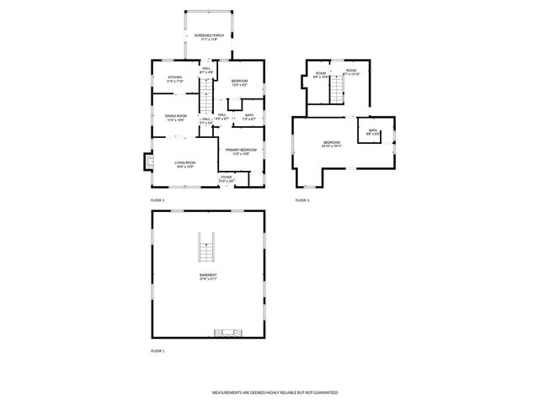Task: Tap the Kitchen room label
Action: pyautogui.click(x=175, y=78)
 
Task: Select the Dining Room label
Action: pyautogui.click(x=175, y=119)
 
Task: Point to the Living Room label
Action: pyautogui.click(x=185, y=164)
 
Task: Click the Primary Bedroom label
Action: pyautogui.click(x=241, y=151)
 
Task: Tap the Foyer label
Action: pyautogui.click(x=227, y=178)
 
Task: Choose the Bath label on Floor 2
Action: pyautogui.click(x=249, y=117)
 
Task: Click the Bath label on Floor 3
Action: pyautogui.click(x=372, y=132)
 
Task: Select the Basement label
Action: pyautogui.click(x=208, y=277)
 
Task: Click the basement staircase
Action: pyautogui.click(x=206, y=249)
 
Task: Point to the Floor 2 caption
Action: pyautogui.click(x=157, y=200)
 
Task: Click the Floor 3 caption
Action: pyautogui.click(x=302, y=200)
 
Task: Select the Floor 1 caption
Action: pyautogui.click(x=157, y=350)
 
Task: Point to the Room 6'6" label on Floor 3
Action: pyautogui.click(x=321, y=74)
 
